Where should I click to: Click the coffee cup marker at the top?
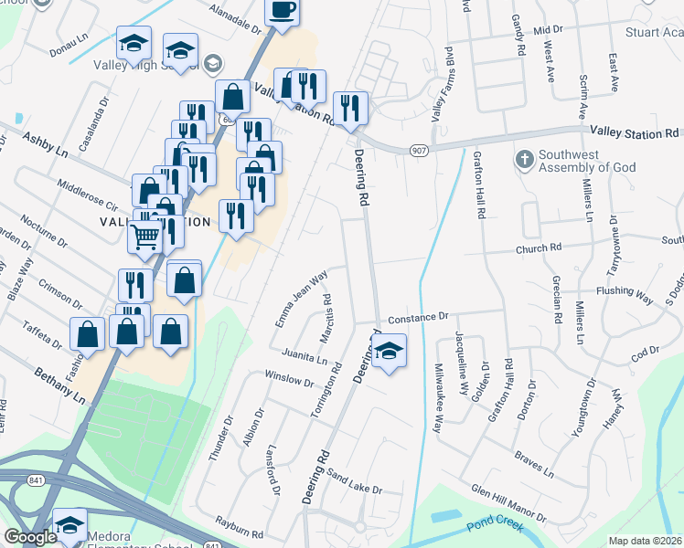pyautogui.click(x=282, y=11)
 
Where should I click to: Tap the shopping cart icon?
pyautogui.click(x=144, y=237)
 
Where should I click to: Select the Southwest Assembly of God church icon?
pyautogui.click(x=525, y=160)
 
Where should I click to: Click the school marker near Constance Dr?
pyautogui.click(x=389, y=352)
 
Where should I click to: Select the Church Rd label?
pyautogui.click(x=539, y=248)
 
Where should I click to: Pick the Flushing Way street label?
pyautogui.click(x=624, y=295)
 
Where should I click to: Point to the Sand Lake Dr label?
pyautogui.click(x=354, y=484)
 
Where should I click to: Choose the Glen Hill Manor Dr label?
pyautogui.click(x=508, y=502)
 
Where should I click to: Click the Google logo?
pyautogui.click(x=30, y=538)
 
